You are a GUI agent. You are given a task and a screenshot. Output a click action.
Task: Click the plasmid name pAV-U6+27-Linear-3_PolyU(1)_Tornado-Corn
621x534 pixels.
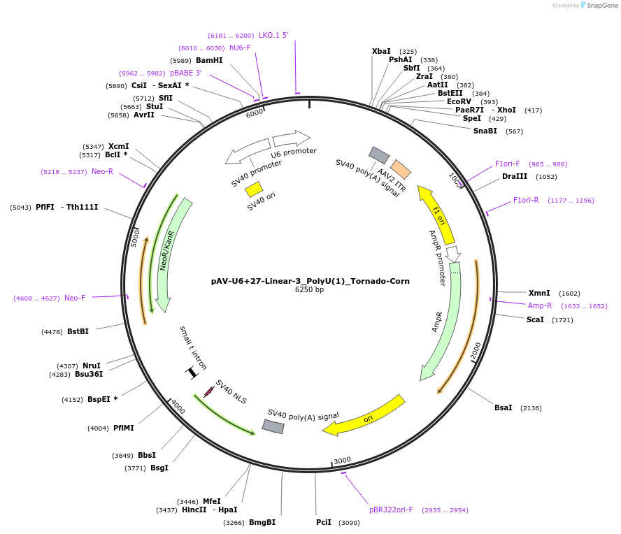[310, 281]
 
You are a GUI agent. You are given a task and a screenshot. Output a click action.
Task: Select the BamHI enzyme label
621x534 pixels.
[209, 61]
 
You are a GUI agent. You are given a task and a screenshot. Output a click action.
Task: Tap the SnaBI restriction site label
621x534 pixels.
[485, 131]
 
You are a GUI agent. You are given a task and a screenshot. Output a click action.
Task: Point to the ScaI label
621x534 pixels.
[535, 319]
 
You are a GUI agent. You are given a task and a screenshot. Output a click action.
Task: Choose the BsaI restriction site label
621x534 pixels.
[504, 407]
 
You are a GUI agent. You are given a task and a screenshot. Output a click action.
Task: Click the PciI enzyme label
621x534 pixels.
[324, 522]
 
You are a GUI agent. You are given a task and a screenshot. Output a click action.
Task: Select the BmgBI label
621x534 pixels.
[262, 522]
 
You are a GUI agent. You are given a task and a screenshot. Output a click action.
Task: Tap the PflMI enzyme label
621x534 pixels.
[124, 428]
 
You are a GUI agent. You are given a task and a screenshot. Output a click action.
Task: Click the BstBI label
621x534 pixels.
[78, 331]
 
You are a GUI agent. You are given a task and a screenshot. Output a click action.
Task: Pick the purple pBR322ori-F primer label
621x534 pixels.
[391, 510]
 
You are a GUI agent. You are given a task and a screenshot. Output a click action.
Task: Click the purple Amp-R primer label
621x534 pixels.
[540, 305]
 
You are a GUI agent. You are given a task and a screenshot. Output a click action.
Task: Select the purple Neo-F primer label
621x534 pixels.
[75, 298]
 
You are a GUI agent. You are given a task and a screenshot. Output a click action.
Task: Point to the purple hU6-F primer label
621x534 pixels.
[240, 48]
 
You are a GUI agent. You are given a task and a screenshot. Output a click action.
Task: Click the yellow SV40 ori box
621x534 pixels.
[254, 189]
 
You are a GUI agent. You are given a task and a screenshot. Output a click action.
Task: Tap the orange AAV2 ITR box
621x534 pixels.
[400, 168]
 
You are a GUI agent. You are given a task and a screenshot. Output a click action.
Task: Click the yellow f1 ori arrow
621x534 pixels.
[436, 214]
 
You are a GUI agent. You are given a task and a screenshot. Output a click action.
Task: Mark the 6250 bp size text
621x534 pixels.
[310, 290]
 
